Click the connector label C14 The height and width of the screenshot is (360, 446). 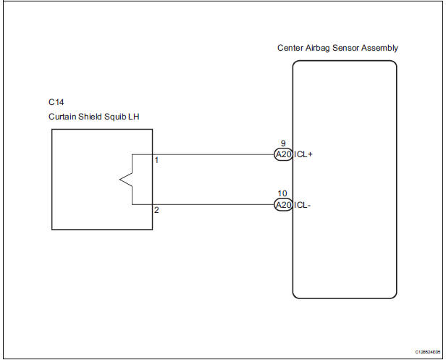pos(56,104)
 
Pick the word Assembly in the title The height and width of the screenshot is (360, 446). pos(380,48)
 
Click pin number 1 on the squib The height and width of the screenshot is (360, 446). pos(156,159)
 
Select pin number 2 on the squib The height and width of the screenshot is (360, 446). pos(156,210)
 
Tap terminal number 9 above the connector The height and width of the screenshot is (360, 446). pos(282,144)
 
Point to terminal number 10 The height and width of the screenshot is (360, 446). pos(282,194)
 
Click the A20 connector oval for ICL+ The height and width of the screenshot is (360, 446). pos(283,155)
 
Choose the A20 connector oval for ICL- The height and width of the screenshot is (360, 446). pos(283,205)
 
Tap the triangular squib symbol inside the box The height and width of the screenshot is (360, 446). pos(125,180)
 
